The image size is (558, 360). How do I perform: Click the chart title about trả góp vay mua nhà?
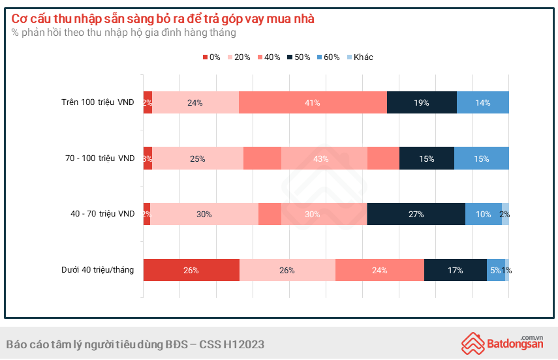(163, 18)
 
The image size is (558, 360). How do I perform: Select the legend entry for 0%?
(211, 57)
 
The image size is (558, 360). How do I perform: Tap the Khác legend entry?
(360, 57)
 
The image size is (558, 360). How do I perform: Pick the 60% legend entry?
(328, 57)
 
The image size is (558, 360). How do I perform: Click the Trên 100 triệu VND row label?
(98, 102)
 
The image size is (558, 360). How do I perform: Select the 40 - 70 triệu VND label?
(102, 214)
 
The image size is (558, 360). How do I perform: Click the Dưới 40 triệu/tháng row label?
(98, 270)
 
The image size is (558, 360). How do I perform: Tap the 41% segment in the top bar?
(313, 102)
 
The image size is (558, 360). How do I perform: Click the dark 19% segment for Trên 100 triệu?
(422, 102)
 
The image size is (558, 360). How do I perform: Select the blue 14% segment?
(482, 102)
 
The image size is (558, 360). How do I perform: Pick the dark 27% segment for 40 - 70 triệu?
(416, 214)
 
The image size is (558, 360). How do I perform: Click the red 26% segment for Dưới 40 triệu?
(191, 270)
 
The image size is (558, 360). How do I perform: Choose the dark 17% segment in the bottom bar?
(456, 270)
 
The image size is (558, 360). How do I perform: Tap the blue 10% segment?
(484, 214)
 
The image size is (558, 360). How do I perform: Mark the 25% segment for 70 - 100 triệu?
(198, 158)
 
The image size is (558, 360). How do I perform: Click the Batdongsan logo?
(503, 342)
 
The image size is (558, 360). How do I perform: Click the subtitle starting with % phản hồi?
(124, 33)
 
